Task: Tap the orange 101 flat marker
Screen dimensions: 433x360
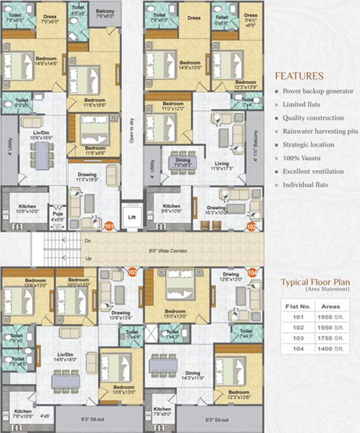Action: click(109, 226)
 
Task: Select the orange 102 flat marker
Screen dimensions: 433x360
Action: click(252, 226)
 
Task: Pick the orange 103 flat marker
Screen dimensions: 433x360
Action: click(133, 272)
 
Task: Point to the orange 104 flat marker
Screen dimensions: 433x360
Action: click(252, 272)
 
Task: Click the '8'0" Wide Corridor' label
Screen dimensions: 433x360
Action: click(167, 250)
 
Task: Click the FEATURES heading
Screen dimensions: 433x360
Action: click(299, 76)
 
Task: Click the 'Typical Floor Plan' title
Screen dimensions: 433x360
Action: click(315, 282)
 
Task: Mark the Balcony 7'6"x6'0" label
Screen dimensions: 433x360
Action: click(105, 14)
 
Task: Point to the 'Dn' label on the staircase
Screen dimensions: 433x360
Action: click(87, 240)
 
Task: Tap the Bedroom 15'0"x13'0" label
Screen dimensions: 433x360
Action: click(175, 314)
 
